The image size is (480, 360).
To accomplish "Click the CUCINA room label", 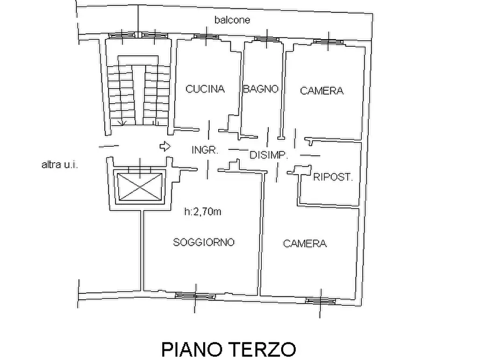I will [x=205, y=90].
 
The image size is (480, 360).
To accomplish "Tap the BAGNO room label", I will [x=261, y=89].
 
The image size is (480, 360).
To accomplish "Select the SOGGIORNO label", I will [x=204, y=242].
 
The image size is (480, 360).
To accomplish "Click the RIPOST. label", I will [x=333, y=177].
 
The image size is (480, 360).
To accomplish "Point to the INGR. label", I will [x=205, y=151].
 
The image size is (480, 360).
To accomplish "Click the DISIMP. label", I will [x=269, y=155].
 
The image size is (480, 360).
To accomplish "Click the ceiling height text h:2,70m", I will [x=202, y=212].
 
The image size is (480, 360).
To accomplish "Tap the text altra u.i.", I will [x=60, y=165].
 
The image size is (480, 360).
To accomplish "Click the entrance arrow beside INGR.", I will [x=164, y=146].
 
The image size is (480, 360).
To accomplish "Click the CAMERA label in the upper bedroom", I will [x=321, y=91].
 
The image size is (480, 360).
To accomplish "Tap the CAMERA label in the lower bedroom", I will [x=305, y=244].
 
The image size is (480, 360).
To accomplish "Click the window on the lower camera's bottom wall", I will [x=322, y=301].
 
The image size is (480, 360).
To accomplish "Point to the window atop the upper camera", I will [x=329, y=41].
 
